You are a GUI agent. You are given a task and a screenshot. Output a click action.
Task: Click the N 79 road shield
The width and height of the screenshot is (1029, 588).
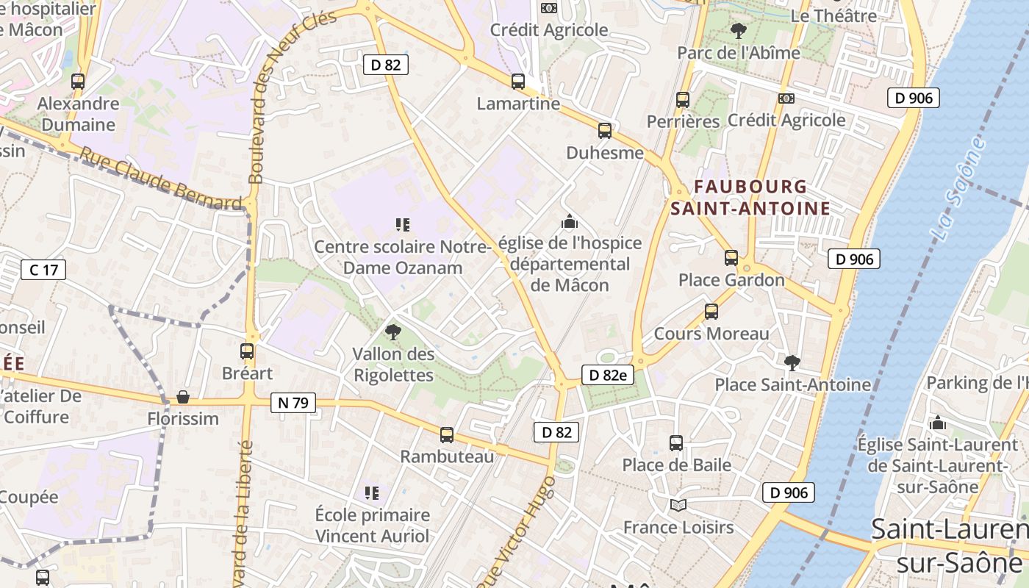click(293, 402)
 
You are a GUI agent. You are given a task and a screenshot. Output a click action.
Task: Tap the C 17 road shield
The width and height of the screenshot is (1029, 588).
click(43, 270)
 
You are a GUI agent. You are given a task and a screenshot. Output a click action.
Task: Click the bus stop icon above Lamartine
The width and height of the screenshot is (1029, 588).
click(518, 82)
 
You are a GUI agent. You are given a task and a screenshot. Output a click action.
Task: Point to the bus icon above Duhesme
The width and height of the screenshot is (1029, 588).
click(605, 131)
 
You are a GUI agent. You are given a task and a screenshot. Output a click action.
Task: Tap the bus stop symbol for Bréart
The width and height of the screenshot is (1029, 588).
click(247, 351)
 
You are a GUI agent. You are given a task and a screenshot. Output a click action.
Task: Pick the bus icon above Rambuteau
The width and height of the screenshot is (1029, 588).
click(447, 434)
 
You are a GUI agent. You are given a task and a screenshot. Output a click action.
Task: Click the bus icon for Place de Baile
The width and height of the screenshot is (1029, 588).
click(676, 442)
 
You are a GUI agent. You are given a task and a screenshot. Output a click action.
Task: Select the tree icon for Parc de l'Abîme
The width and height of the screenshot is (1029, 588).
click(738, 31)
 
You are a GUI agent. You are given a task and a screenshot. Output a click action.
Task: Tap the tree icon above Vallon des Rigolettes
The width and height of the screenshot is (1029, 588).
click(393, 332)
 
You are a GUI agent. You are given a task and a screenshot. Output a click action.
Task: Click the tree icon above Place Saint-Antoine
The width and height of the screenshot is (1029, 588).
click(792, 362)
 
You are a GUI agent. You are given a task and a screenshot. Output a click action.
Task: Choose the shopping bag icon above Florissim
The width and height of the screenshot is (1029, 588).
click(183, 397)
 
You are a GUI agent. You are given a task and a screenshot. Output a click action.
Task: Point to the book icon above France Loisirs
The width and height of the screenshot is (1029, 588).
click(678, 506)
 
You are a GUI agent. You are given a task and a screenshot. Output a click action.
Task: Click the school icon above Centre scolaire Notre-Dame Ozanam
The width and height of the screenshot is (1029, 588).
click(402, 224)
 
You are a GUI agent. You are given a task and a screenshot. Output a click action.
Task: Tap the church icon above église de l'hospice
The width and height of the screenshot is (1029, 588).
click(570, 220)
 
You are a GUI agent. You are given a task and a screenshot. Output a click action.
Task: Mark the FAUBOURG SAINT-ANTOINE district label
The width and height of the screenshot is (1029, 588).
click(750, 198)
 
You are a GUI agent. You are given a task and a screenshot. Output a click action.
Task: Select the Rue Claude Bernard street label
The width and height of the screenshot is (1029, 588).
click(161, 179)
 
